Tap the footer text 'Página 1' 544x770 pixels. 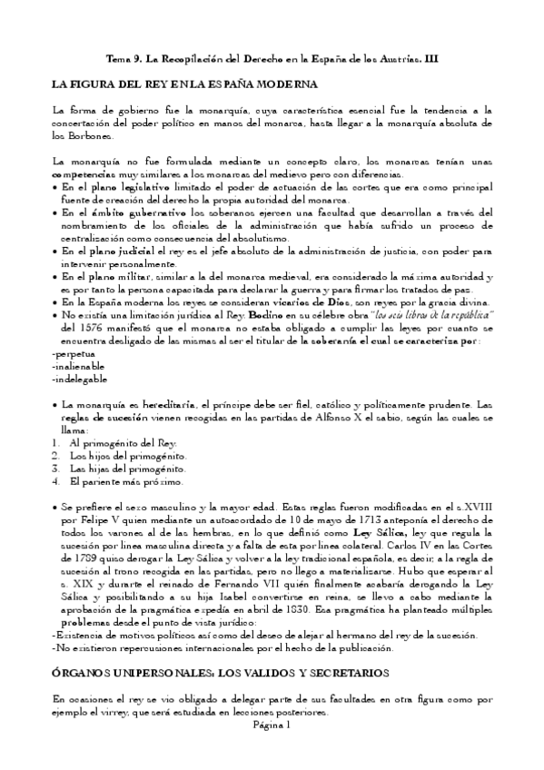[271, 725]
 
